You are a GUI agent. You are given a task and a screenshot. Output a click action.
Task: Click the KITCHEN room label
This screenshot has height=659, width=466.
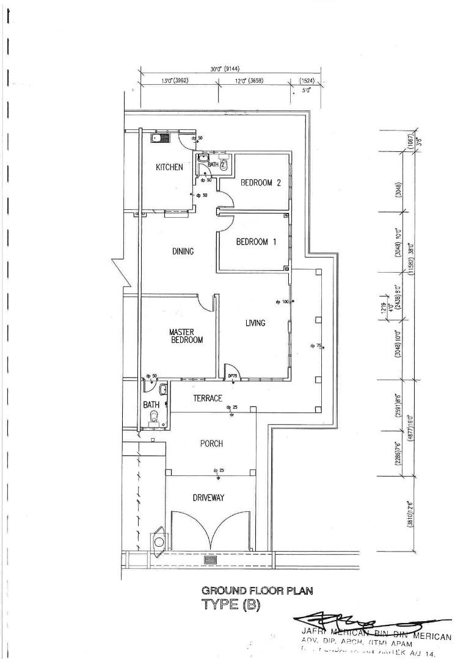click(169, 167)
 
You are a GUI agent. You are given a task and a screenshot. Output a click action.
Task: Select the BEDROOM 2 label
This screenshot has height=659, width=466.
click(260, 182)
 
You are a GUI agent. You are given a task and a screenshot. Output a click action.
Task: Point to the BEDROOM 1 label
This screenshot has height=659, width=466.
click(257, 242)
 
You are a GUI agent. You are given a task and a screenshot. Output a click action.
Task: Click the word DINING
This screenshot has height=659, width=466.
click(183, 251)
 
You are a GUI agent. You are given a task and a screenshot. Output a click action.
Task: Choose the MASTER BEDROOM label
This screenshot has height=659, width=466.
click(186, 336)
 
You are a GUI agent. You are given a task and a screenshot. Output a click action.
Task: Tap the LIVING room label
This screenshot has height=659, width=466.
click(255, 323)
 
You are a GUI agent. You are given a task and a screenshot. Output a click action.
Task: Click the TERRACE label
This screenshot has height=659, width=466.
click(208, 398)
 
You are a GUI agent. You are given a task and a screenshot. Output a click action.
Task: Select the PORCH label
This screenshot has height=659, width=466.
click(211, 444)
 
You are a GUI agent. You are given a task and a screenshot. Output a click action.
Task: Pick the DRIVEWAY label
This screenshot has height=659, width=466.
click(208, 498)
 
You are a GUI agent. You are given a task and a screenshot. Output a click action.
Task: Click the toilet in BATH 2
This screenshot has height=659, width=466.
click(224, 164)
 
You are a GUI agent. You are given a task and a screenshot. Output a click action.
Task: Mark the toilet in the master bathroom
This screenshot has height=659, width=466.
click(155, 417)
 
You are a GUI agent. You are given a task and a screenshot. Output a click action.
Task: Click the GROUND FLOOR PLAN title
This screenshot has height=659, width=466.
click(258, 591)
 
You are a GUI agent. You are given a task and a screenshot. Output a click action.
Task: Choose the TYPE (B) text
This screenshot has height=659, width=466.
click(231, 605)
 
